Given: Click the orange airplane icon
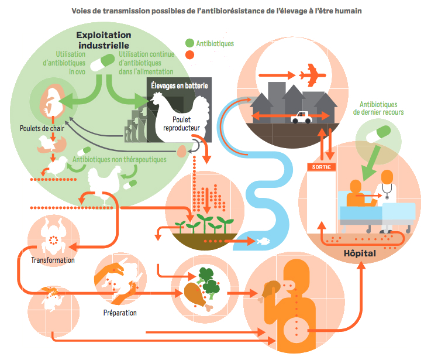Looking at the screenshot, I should (311, 76).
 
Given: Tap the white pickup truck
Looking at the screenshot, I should (301, 117).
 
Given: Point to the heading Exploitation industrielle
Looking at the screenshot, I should (111, 40).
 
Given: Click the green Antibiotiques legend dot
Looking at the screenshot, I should (189, 43).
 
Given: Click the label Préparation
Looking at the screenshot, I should (120, 313).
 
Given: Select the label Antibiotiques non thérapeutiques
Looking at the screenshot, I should (119, 159).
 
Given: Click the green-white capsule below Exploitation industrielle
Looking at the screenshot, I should (108, 60).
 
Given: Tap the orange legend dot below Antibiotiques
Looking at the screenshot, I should (189, 55).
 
